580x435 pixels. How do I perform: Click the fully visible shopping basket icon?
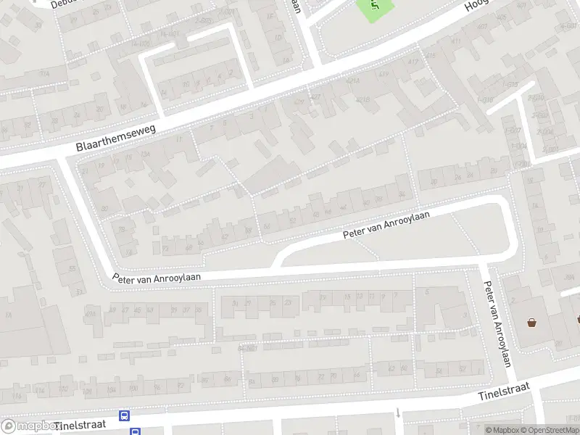533,323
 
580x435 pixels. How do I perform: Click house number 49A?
91,312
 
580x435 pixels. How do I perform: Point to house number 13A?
144,154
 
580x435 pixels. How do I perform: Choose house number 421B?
363,100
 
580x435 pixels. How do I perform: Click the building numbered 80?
106,209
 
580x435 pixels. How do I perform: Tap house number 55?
72,269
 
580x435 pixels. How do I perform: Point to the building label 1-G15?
486,99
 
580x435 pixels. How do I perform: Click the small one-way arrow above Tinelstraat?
398,413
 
